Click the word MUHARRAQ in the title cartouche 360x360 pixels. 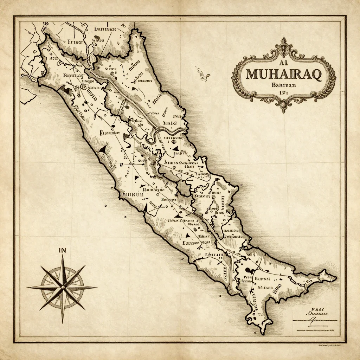coord(283,75)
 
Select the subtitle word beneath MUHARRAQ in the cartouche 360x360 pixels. coord(283,85)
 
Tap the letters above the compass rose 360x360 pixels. coord(63,250)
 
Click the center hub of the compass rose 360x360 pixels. coord(63,287)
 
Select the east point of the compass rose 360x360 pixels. coord(96,287)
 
